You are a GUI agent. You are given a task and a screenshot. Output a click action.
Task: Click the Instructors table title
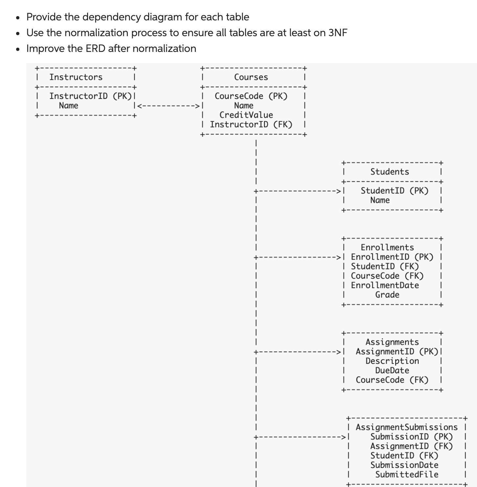(76, 77)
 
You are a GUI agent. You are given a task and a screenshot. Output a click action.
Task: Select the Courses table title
(251, 77)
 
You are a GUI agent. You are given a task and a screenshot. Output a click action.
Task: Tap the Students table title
(390, 172)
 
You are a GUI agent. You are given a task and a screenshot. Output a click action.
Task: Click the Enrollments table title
(387, 247)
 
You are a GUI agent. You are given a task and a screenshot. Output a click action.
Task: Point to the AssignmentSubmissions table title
(406, 427)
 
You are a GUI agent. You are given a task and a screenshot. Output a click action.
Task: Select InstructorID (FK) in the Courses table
(251, 125)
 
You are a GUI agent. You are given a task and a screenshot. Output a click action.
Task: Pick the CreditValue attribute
(246, 115)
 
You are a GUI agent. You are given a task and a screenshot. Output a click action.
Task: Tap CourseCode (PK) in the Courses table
(251, 96)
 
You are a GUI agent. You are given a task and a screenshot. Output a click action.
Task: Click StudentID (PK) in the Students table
(395, 191)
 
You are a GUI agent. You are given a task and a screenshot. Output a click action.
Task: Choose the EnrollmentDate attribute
(385, 285)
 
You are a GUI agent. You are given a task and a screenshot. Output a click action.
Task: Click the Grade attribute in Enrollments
(387, 295)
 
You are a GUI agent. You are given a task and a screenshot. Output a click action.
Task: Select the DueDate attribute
(392, 370)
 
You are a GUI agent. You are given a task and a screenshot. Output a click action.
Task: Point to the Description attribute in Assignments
(392, 361)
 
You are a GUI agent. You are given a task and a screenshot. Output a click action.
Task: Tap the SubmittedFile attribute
(407, 475)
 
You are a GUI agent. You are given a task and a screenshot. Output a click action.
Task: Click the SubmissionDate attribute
(404, 465)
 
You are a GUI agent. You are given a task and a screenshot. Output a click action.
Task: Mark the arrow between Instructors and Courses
(168, 106)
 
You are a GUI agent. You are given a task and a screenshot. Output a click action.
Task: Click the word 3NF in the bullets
(338, 33)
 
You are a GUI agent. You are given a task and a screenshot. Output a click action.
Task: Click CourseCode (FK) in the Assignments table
(392, 380)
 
